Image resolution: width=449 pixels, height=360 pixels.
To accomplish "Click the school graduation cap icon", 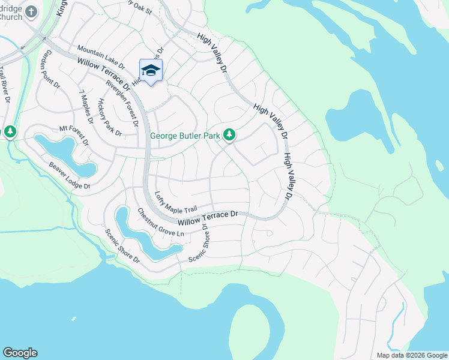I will click(151, 70).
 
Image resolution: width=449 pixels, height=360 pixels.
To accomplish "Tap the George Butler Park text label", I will click(185, 136).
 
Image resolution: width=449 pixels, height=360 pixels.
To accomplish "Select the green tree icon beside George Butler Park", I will click(229, 136).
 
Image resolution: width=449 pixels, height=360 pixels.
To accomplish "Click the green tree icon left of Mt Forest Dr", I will click(10, 131).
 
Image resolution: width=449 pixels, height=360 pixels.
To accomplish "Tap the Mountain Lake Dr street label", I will click(100, 57).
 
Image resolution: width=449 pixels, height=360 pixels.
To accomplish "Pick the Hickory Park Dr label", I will click(110, 117).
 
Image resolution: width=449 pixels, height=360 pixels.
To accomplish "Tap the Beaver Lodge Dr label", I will click(70, 176).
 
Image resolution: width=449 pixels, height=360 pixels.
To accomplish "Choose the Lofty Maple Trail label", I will click(175, 202).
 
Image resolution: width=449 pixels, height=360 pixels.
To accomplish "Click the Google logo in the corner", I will click(20, 353).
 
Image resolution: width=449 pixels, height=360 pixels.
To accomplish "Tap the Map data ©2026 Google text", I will click(411, 355).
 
